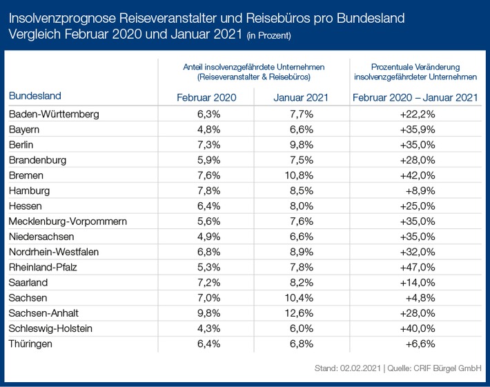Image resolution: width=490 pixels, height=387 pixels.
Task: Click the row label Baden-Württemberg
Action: pos(54,113)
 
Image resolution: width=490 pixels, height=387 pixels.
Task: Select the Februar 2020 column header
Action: pos(206,97)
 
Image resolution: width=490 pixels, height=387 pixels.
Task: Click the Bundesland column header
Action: pos(35,96)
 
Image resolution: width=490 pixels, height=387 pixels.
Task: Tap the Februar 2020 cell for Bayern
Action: pos(206,129)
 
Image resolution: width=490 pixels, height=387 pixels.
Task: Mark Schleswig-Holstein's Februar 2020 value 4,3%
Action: pos(206,328)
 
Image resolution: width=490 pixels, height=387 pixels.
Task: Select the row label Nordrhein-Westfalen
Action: pos(54,252)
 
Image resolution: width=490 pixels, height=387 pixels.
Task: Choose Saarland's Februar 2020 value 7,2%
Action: pos(206,282)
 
